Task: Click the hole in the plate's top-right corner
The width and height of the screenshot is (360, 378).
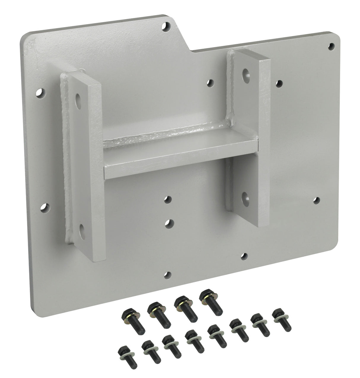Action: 332,46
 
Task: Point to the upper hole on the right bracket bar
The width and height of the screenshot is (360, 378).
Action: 246,73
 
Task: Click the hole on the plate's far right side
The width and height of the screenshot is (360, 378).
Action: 317,200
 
